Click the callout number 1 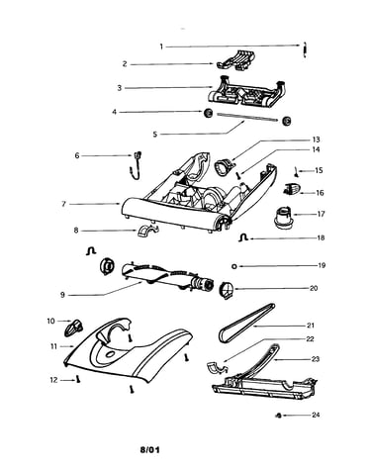[161, 47]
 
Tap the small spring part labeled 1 [305, 49]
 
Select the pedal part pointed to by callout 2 [237, 60]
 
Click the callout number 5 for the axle [155, 135]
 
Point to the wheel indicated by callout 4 [208, 113]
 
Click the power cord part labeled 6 [136, 165]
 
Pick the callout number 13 [316, 140]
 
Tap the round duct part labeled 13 [224, 166]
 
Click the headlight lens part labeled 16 [292, 190]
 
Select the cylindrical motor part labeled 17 [283, 219]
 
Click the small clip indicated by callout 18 [243, 237]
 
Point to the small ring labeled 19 [234, 266]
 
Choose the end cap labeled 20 [227, 291]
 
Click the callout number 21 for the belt [311, 326]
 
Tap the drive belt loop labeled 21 [246, 323]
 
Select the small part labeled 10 [74, 328]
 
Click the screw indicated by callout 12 [78, 379]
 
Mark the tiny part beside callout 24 [278, 415]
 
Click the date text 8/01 [149, 449]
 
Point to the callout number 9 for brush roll [62, 295]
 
